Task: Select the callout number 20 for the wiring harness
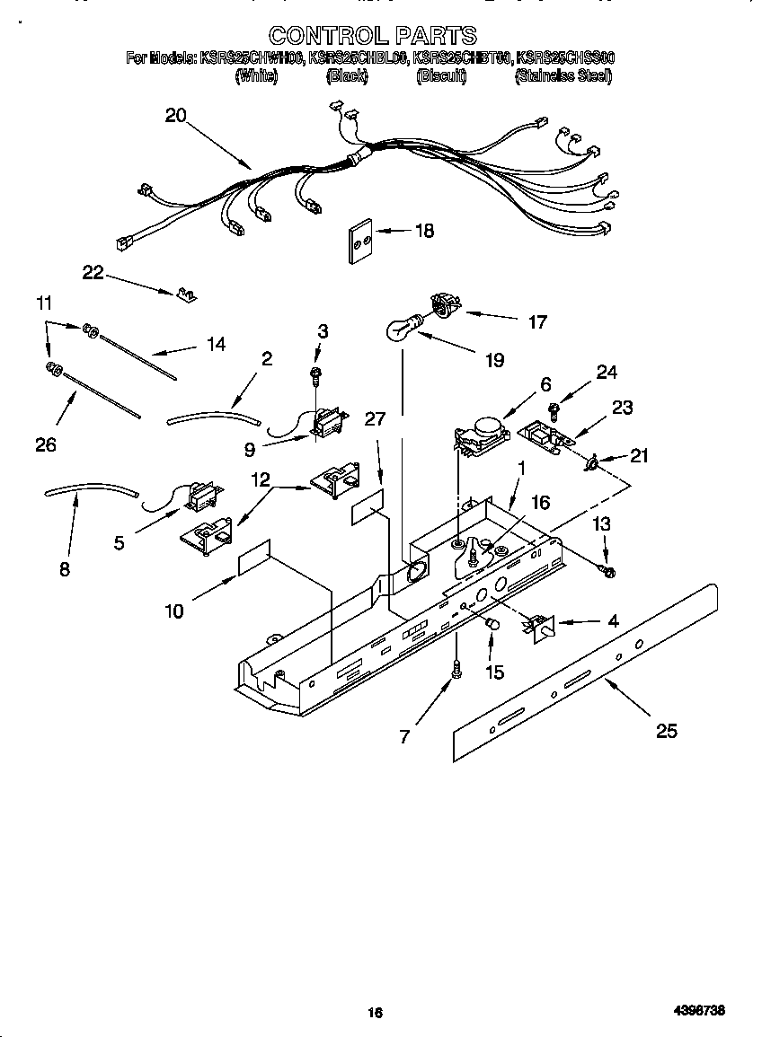(175, 115)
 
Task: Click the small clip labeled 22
(187, 294)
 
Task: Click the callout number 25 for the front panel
(666, 731)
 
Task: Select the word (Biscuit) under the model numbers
(441, 77)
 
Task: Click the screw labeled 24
(556, 412)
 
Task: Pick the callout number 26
(46, 444)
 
